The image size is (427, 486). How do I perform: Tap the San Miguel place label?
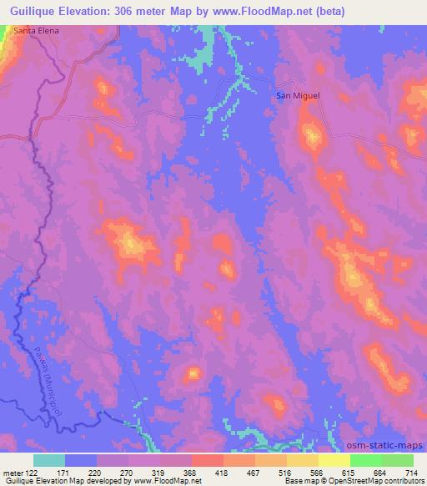[x=298, y=95]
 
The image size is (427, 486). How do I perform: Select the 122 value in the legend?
[x=33, y=473]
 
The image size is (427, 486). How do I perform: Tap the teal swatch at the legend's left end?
[x=49, y=460]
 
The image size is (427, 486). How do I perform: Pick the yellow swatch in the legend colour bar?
[x=334, y=460]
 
